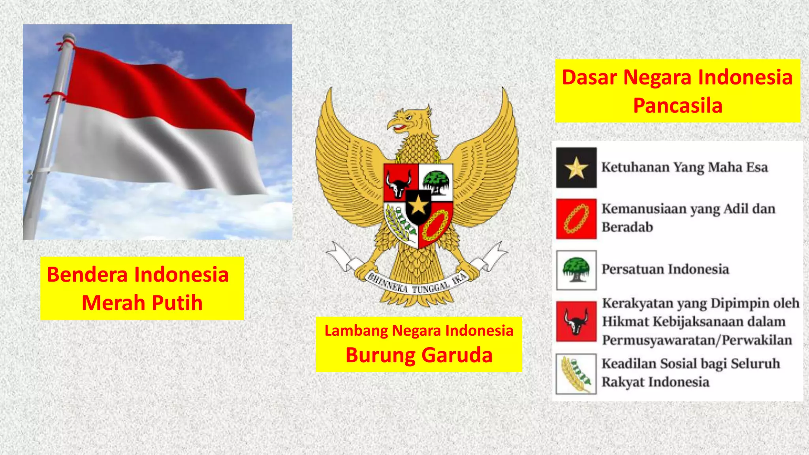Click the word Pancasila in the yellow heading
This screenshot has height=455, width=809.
(677, 106)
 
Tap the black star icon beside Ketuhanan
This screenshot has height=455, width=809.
(576, 167)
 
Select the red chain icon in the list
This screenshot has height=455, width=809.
(576, 219)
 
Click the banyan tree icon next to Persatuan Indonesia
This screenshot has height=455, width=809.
(576, 270)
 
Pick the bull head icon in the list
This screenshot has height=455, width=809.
(576, 321)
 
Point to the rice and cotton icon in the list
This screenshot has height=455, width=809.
(576, 374)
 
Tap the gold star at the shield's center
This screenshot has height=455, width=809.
(418, 206)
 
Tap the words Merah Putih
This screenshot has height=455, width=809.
(142, 303)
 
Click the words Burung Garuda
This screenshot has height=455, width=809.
(419, 355)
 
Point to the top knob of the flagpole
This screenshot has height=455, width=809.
(69, 37)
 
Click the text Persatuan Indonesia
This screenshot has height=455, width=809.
(665, 269)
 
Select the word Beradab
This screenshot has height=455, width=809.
(627, 227)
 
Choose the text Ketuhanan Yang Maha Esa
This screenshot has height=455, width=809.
(684, 167)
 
